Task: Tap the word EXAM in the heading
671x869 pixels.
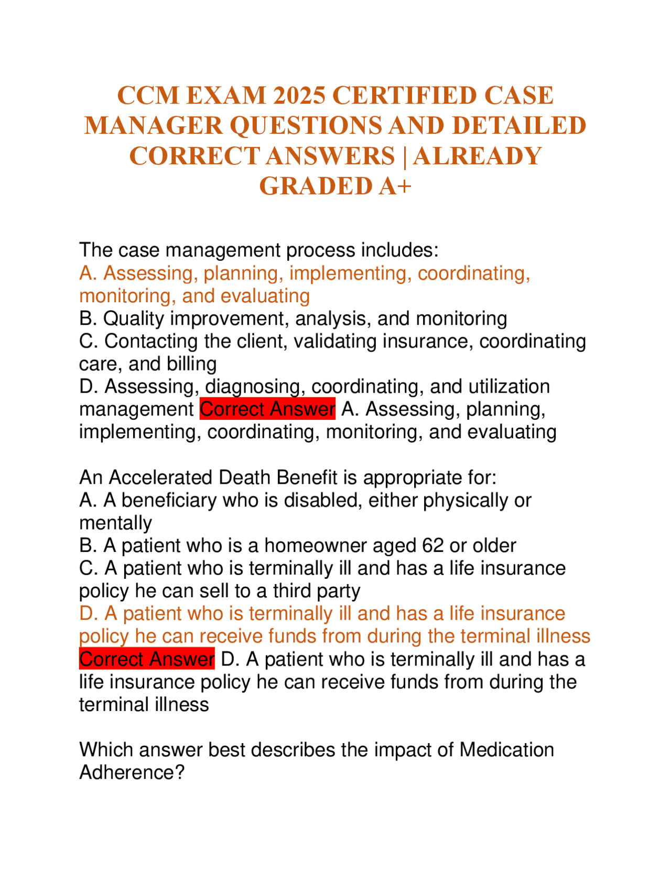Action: tap(226, 96)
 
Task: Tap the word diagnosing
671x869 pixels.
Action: tap(255, 387)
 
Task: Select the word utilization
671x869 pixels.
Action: tap(508, 387)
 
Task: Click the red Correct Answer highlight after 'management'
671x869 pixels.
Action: tap(267, 409)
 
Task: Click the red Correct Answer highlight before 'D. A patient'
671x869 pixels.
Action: tap(147, 659)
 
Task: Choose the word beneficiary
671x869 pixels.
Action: tap(168, 501)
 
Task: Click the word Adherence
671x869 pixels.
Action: tap(132, 772)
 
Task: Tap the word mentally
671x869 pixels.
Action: tap(115, 523)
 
